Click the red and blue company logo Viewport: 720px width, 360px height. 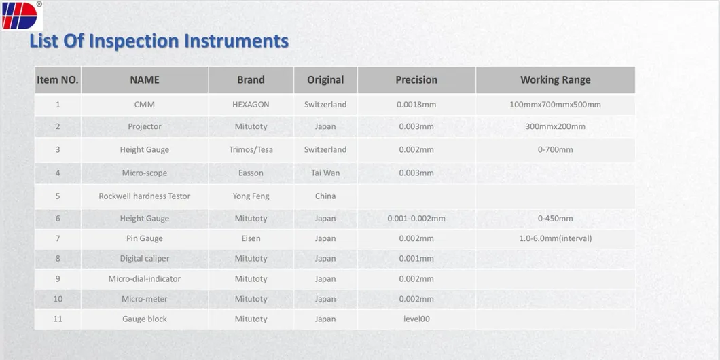20,16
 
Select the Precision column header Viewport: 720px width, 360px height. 416,80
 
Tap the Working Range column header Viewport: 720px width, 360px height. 555,80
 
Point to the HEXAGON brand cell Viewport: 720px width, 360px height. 251,104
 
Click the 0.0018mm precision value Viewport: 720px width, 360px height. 416,104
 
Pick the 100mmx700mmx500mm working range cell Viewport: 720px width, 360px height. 555,104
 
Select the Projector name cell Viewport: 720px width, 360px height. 145,126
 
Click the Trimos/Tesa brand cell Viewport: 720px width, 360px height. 251,149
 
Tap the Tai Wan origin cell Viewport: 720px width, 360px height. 325,173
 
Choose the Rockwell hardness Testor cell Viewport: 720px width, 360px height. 145,196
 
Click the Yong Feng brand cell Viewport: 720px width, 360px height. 251,196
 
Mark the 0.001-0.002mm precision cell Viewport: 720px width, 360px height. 416,219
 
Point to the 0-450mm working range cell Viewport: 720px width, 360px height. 555,219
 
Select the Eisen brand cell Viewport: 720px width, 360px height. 251,238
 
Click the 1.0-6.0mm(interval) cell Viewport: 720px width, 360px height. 555,238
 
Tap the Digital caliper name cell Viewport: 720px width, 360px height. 145,259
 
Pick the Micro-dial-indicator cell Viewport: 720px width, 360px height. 145,278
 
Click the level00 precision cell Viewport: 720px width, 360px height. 416,319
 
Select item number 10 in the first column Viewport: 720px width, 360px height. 58,299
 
